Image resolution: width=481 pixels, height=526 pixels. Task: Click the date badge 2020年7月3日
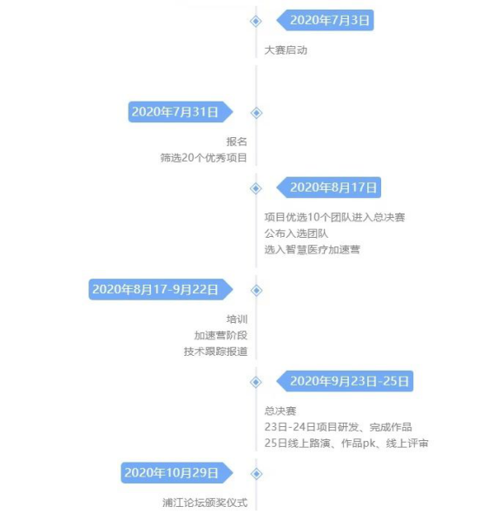325,20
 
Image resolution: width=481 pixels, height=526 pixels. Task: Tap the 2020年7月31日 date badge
181,112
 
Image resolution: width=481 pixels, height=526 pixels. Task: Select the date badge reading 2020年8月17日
328,187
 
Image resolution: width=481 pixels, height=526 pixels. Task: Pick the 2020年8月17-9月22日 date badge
161,289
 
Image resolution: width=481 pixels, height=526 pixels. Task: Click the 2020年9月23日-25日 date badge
345,381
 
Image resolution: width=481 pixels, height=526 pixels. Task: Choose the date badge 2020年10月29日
177,473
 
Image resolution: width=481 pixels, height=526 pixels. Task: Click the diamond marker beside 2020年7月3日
256,21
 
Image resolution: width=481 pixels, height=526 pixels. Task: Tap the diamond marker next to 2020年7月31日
256,113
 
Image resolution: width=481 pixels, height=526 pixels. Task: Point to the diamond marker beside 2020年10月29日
256,474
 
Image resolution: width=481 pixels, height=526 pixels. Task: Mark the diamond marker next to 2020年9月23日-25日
256,382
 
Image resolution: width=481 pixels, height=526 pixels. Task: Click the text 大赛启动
286,50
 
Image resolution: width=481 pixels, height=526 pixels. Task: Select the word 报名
237,141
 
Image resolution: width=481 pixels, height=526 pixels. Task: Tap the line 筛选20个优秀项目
204,158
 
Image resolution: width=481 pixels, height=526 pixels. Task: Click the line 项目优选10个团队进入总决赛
334,217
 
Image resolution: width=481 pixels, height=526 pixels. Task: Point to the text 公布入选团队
296,233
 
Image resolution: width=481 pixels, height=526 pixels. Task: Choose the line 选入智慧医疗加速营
313,249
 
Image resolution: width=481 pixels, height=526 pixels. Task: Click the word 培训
237,319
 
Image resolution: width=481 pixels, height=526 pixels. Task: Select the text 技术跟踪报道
215,352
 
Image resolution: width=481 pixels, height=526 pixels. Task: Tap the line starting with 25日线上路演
346,444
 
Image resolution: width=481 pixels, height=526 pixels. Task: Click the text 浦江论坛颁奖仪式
205,503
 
